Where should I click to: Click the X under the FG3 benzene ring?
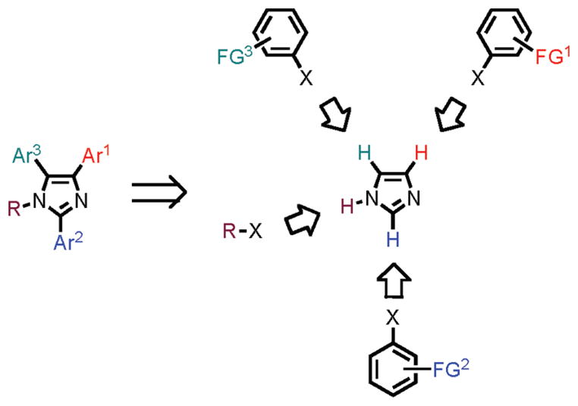(305, 77)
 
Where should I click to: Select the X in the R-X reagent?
(255, 227)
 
